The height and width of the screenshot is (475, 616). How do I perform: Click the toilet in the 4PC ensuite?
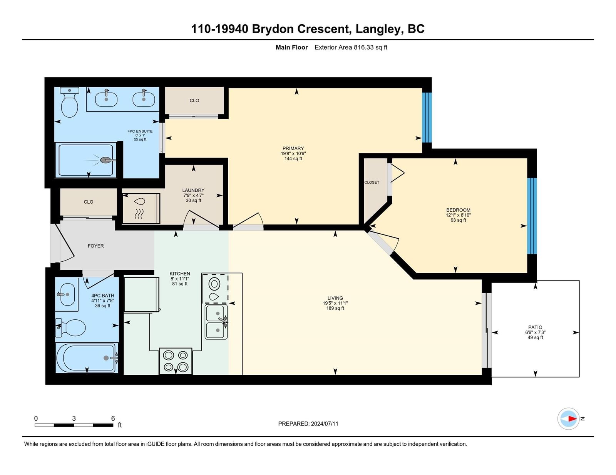point(69,102)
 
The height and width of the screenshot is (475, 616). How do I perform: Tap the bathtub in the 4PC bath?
point(87,358)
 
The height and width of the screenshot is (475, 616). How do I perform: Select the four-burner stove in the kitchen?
point(176,361)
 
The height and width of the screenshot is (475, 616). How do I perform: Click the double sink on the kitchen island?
point(216,322)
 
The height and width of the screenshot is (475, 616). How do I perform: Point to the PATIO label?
point(535,327)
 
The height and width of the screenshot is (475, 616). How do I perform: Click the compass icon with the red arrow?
point(568,419)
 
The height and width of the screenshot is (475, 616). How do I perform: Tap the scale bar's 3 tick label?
point(74,419)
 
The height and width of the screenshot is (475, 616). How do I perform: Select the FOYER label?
point(96,246)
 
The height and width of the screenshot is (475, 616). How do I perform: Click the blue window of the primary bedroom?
point(427,118)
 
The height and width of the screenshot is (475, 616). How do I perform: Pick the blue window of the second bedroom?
point(532,216)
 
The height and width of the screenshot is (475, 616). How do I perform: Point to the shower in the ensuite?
point(85,160)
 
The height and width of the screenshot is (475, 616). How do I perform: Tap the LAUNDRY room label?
point(193,190)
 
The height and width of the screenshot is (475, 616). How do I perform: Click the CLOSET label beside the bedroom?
point(372,183)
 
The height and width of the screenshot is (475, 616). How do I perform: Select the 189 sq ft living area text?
point(335,308)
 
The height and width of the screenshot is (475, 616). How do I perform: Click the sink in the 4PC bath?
point(67,294)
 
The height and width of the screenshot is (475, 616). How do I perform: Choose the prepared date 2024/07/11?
point(325,424)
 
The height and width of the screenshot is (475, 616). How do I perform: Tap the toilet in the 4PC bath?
point(70,327)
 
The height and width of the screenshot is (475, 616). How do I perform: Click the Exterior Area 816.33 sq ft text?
point(351,47)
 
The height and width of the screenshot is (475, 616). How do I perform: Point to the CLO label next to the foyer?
point(89,202)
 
